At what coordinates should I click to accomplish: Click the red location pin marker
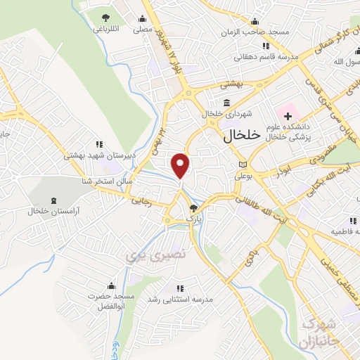pyautogui.click(x=181, y=165)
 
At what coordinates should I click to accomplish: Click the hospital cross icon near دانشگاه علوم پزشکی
pyautogui.click(x=288, y=115)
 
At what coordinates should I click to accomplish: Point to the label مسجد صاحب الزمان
pyautogui.click(x=247, y=33)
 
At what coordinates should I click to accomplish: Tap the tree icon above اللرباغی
pyautogui.click(x=105, y=17)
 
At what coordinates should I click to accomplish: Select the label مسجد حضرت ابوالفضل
pyautogui.click(x=110, y=302)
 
